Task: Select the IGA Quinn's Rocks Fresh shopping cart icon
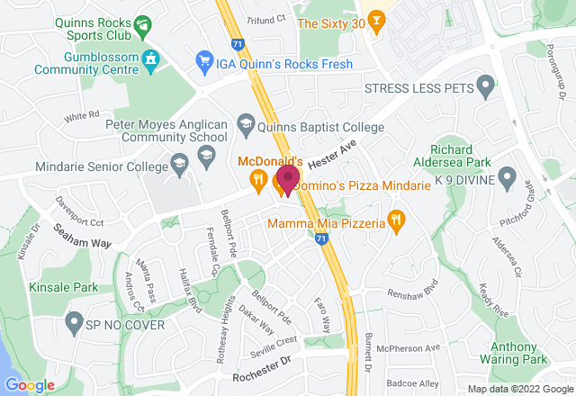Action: click(203, 62)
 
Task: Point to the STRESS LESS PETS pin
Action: click(486, 87)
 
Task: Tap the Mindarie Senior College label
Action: click(100, 166)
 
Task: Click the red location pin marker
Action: click(287, 178)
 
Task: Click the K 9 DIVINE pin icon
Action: click(506, 175)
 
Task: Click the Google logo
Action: click(29, 385)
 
